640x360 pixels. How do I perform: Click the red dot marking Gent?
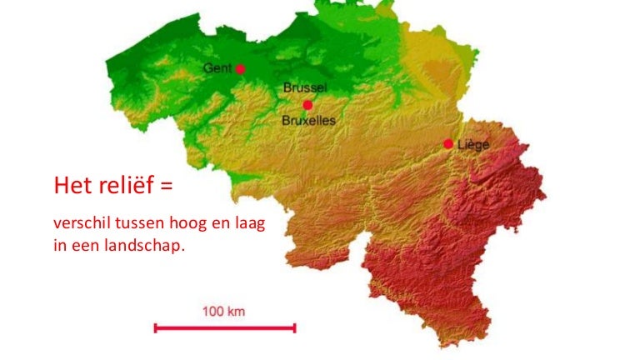click(x=241, y=69)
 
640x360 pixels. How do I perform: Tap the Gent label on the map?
click(x=218, y=67)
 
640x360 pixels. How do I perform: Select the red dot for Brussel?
click(x=307, y=105)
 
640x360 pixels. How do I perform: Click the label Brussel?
click(x=305, y=87)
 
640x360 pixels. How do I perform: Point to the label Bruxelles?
click(x=308, y=121)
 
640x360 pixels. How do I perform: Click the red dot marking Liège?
click(x=448, y=144)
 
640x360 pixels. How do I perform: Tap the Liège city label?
click(x=472, y=144)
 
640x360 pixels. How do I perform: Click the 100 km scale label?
click(x=224, y=312)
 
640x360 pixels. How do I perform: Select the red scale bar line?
click(x=224, y=328)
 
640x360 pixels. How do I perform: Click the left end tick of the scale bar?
click(x=156, y=328)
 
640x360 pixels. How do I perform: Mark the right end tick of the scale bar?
click(x=294, y=328)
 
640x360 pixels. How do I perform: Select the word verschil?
click(x=77, y=225)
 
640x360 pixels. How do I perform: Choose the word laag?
click(x=247, y=226)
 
